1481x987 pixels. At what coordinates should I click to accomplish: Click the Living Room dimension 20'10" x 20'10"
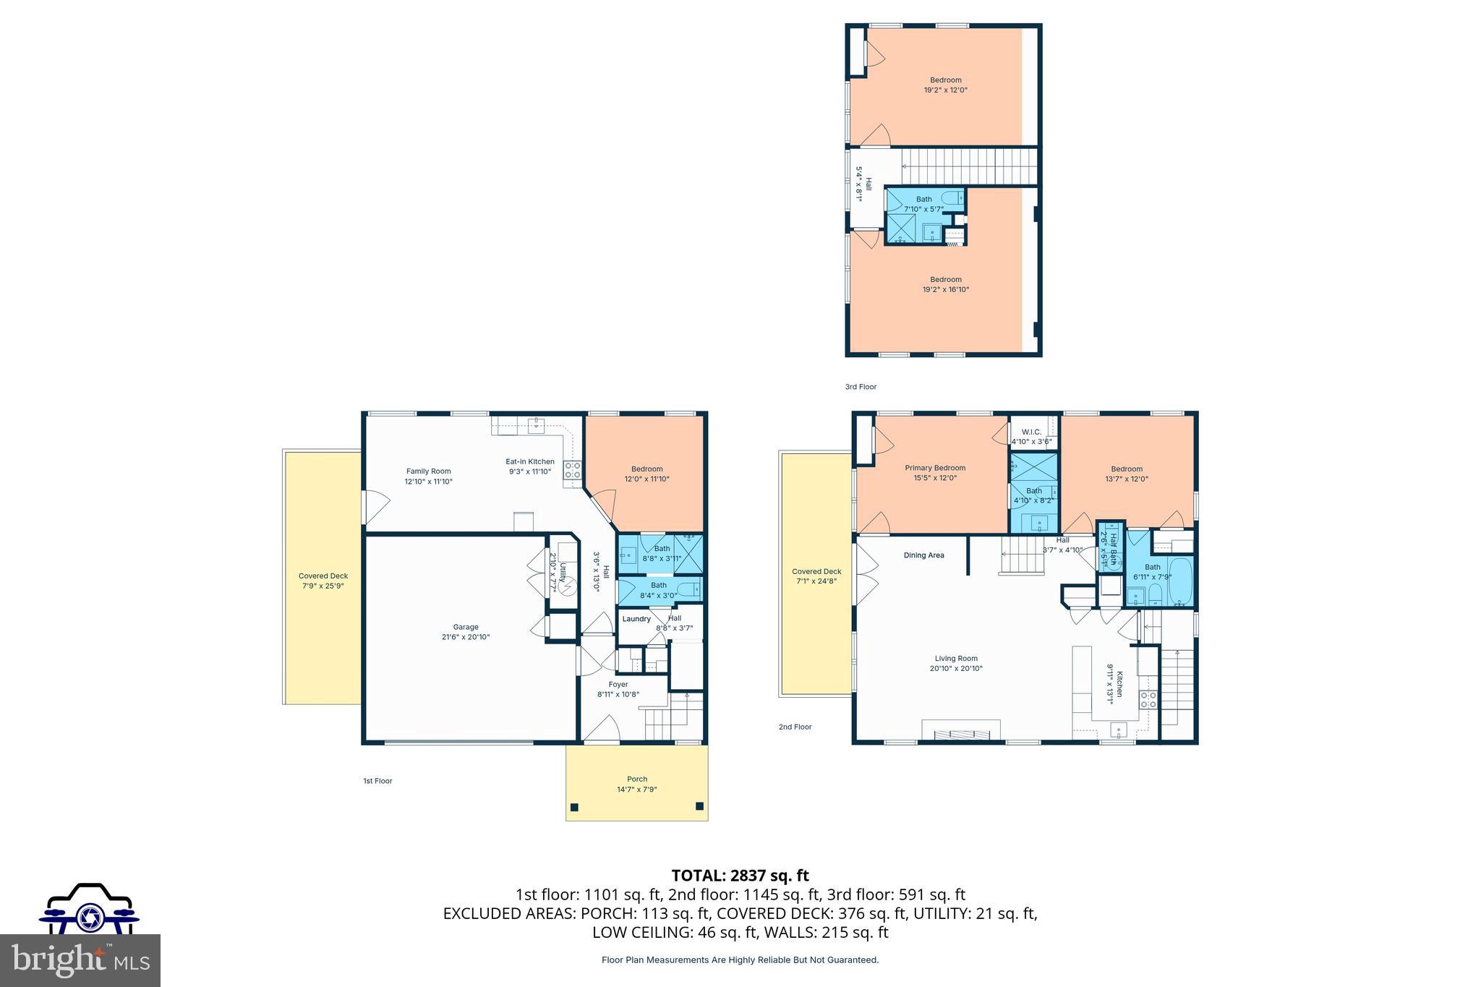click(956, 669)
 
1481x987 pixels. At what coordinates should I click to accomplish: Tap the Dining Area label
click(923, 555)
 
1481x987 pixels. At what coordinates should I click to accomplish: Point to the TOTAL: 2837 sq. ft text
click(740, 876)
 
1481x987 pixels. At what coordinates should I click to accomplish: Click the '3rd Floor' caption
click(861, 387)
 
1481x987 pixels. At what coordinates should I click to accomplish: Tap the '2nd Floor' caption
click(795, 727)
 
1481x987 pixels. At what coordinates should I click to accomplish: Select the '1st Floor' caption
click(377, 781)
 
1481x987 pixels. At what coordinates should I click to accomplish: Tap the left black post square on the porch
click(575, 807)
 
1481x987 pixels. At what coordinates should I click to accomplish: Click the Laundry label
click(636, 619)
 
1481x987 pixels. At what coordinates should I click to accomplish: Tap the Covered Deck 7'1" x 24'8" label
click(816, 576)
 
